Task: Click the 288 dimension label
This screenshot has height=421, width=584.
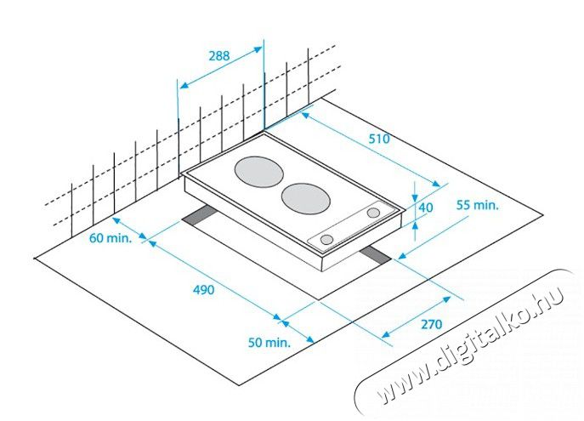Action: coord(219,56)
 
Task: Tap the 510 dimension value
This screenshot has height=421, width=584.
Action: coord(379,139)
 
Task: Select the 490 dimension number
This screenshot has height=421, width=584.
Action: coord(204,289)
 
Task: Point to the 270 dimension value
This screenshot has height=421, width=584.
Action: coord(431,324)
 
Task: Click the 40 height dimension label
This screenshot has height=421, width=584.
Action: coord(426,208)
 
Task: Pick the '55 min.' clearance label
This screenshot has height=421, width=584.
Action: coord(477,204)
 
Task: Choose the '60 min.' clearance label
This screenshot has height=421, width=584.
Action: coord(111,237)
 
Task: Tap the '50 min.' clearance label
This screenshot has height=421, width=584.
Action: coord(269,342)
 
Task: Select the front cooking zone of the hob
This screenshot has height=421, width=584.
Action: coord(306,198)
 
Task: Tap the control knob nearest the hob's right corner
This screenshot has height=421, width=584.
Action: coord(373,213)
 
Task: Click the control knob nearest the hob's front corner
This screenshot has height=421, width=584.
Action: coord(326,240)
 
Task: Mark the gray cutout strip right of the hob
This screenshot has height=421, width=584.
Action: coord(375,255)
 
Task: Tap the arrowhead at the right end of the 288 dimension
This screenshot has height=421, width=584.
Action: coord(258,48)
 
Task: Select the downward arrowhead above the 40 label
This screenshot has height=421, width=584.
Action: coord(416,196)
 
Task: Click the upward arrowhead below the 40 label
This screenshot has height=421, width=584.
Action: coord(416,225)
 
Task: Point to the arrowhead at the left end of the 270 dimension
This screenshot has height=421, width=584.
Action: coord(387,334)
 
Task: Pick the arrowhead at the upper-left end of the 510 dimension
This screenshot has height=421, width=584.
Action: coord(305,116)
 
